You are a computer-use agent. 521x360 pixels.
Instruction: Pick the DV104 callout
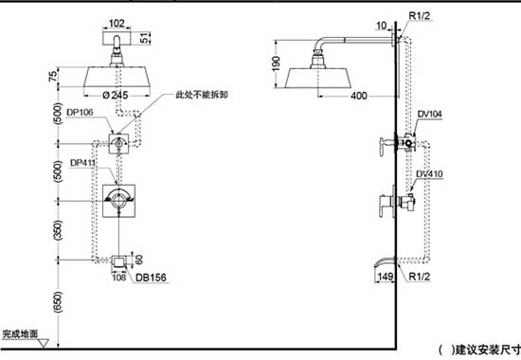pos(430,114)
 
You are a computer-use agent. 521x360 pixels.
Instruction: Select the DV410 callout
pos(430,173)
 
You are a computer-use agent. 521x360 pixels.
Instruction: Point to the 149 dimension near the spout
pos(384,277)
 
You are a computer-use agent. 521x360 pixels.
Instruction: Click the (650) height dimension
pos(58,300)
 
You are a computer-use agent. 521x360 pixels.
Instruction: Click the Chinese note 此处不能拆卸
pos(203,96)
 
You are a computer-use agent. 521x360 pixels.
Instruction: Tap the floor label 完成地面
pos(21,334)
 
